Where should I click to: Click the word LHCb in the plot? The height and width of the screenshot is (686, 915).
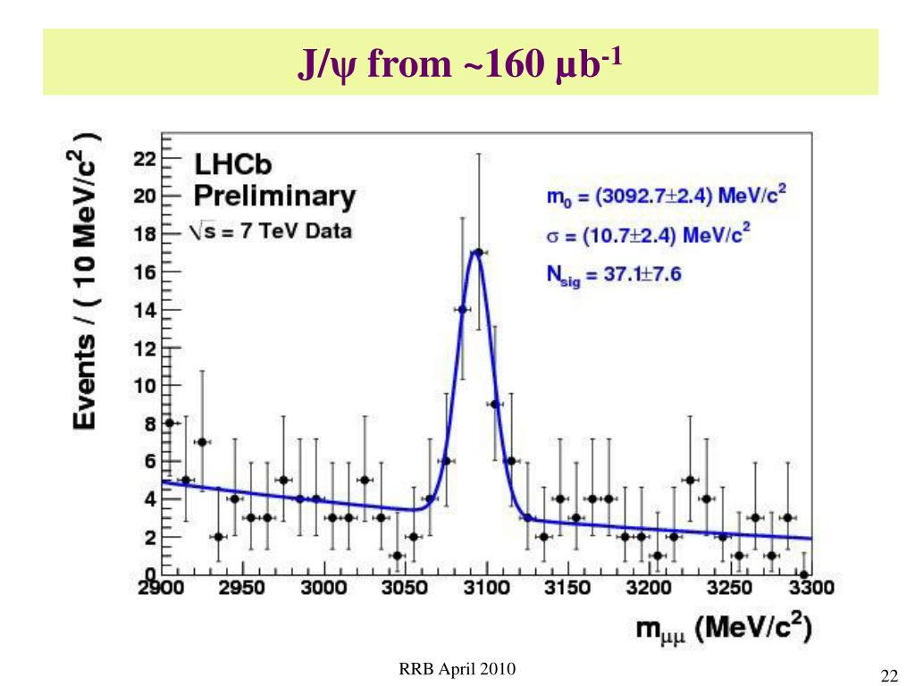[233, 166]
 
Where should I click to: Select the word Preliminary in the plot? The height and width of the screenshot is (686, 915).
[274, 197]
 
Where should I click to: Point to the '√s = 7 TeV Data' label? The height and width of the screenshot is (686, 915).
[271, 231]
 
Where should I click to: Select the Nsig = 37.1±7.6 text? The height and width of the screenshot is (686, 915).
[614, 274]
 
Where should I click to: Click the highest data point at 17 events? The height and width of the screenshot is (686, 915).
[479, 253]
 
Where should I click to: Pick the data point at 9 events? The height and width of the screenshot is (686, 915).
[495, 404]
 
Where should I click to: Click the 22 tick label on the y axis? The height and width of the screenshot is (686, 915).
[145, 159]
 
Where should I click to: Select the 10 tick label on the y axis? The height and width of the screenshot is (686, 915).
[145, 386]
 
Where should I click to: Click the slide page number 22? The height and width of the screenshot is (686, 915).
[888, 674]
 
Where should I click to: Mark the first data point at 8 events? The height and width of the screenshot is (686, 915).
[170, 422]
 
